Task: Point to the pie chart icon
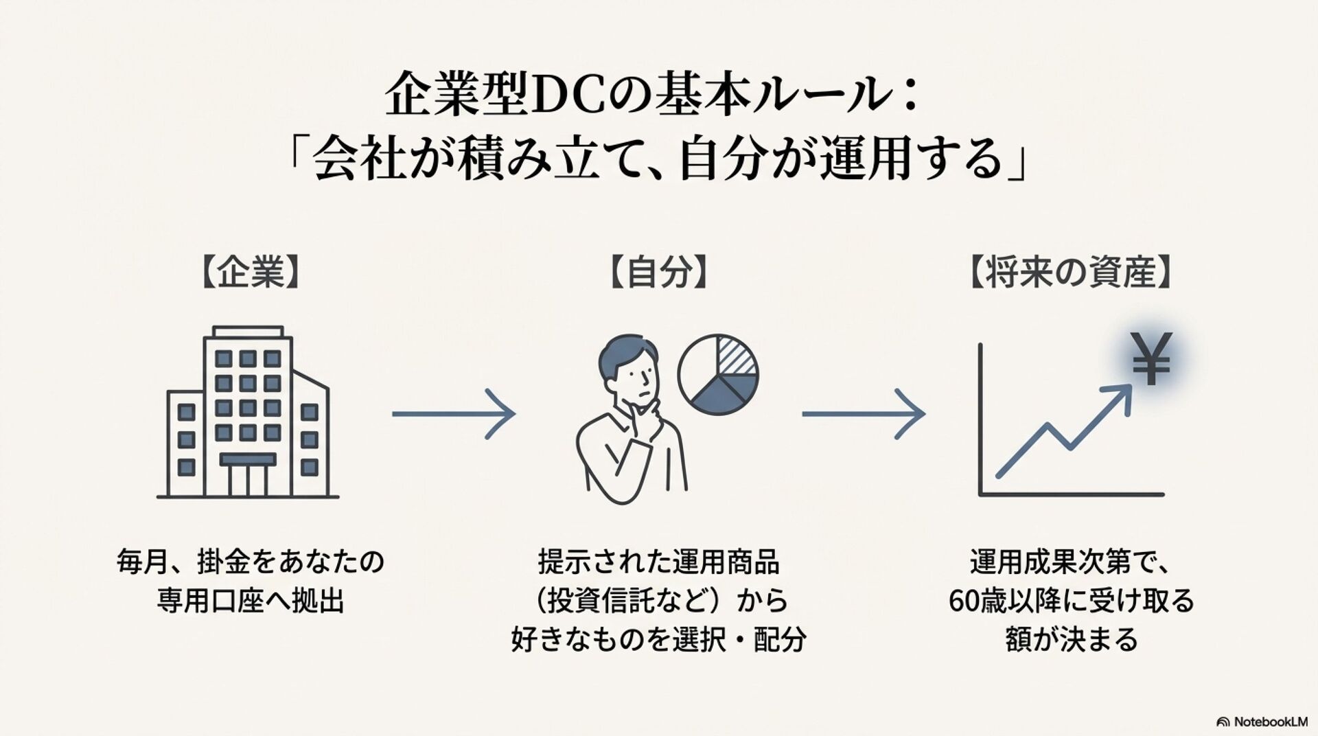(718, 374)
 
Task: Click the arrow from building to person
(453, 414)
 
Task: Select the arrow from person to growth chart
(864, 414)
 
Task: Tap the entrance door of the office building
(248, 477)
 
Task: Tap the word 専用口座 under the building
(210, 601)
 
